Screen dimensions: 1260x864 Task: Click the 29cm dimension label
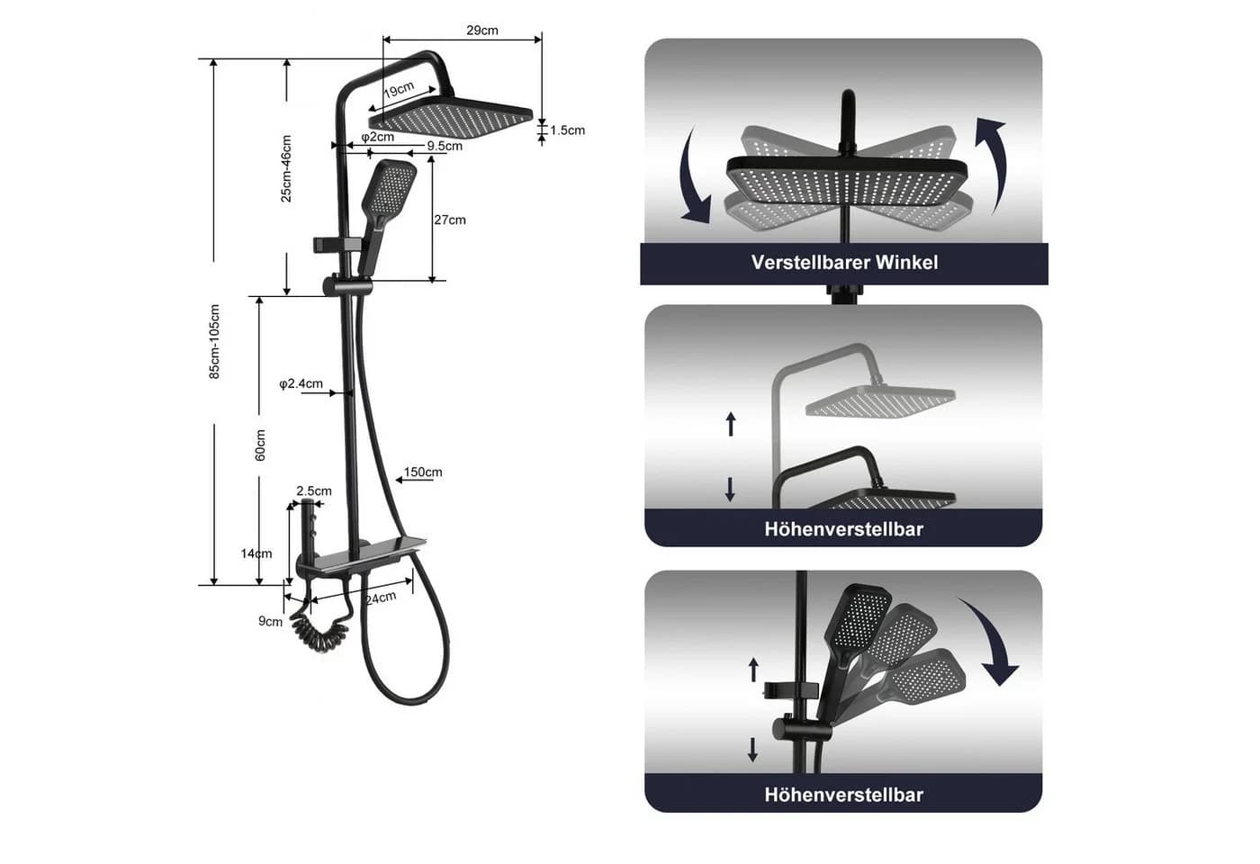[482, 31]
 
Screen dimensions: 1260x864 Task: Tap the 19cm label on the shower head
[399, 89]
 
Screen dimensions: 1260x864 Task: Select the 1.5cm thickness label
[568, 130]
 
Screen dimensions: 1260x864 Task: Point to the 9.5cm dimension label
[445, 146]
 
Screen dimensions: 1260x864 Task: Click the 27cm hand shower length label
[450, 220]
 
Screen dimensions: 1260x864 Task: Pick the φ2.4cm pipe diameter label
[301, 383]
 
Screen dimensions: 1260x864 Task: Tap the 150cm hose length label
[423, 472]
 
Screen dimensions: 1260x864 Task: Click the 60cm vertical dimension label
[260, 445]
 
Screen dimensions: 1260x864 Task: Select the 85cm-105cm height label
[214, 341]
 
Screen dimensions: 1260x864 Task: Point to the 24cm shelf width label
[381, 598]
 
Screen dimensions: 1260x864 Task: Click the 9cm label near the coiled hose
[270, 622]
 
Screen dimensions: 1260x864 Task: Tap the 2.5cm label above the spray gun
[314, 491]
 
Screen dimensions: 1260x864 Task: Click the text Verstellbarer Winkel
[844, 263]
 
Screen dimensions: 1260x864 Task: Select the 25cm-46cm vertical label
[286, 169]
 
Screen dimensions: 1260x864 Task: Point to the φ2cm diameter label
[377, 137]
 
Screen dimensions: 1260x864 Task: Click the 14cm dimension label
[256, 553]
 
